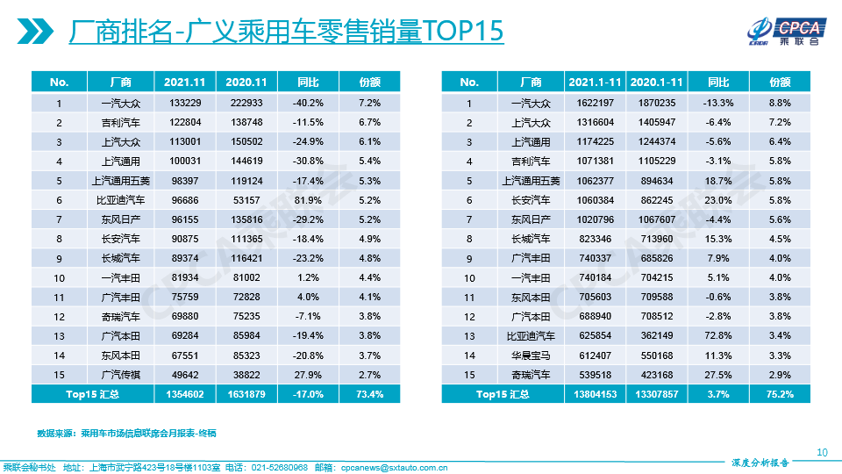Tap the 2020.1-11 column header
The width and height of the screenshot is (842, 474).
click(x=656, y=82)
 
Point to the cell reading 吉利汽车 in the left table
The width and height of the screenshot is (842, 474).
click(x=120, y=122)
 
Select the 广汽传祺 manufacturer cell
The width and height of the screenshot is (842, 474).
click(x=120, y=375)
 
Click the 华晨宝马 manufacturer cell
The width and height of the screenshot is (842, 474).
click(x=531, y=355)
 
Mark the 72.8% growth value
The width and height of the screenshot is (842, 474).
click(x=718, y=336)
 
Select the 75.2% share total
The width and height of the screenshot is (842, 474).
click(x=780, y=394)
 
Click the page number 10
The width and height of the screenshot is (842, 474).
click(x=822, y=452)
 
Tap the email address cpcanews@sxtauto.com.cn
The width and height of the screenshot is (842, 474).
click(x=394, y=467)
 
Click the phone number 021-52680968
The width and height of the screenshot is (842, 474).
click(x=277, y=467)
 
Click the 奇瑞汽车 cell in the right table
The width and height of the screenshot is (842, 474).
click(x=531, y=375)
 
